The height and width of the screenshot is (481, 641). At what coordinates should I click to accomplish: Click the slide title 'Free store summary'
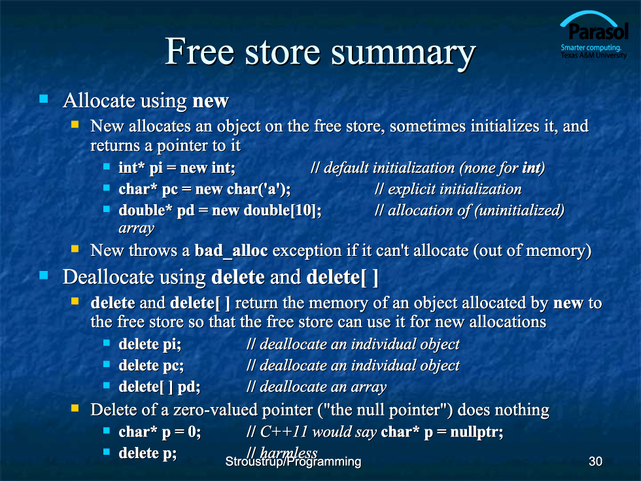(x=320, y=52)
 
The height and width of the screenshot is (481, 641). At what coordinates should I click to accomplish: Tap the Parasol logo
(x=594, y=35)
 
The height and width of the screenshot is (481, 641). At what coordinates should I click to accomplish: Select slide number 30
(x=595, y=461)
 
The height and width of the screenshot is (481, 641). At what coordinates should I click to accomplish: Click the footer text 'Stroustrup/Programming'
(x=293, y=462)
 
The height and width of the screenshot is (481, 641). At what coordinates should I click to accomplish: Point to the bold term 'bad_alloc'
(x=231, y=250)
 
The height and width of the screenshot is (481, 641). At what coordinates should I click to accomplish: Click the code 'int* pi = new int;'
(x=177, y=168)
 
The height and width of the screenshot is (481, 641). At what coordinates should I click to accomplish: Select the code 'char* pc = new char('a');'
(x=204, y=189)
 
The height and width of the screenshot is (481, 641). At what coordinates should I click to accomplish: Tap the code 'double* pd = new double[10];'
(x=220, y=210)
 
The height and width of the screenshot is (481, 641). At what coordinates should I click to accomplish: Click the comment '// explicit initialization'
(x=448, y=189)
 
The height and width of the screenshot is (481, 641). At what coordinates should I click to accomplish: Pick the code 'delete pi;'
(x=150, y=344)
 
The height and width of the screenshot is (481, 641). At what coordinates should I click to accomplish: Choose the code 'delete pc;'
(x=151, y=366)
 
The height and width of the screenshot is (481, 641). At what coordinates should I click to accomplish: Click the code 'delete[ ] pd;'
(x=160, y=387)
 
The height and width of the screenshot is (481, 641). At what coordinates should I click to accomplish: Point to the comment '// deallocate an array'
(x=317, y=387)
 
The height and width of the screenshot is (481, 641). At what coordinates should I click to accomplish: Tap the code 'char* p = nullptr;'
(x=442, y=432)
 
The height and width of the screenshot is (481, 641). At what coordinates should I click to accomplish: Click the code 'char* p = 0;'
(x=160, y=432)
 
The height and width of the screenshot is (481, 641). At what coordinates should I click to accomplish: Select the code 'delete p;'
(x=148, y=453)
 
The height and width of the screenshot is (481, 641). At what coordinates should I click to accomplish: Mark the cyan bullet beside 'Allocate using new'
(x=44, y=99)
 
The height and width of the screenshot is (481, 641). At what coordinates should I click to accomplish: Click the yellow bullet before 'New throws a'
(x=75, y=248)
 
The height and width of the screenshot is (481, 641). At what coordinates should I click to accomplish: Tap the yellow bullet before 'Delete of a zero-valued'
(x=75, y=408)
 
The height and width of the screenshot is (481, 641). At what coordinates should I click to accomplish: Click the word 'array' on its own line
(x=137, y=228)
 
